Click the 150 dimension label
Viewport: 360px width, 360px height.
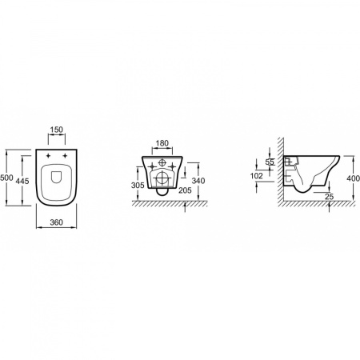[57, 130]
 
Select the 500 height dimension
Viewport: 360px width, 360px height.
[6, 178]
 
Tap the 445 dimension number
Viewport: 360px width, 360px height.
[22, 181]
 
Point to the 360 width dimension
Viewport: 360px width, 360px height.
[56, 222]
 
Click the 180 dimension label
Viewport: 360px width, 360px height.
[162, 143]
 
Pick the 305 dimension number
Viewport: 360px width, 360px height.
[138, 185]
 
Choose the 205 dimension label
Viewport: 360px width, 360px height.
[185, 190]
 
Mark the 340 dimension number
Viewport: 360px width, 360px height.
[198, 181]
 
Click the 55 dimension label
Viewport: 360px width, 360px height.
[270, 162]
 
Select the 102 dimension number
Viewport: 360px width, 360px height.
[257, 176]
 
